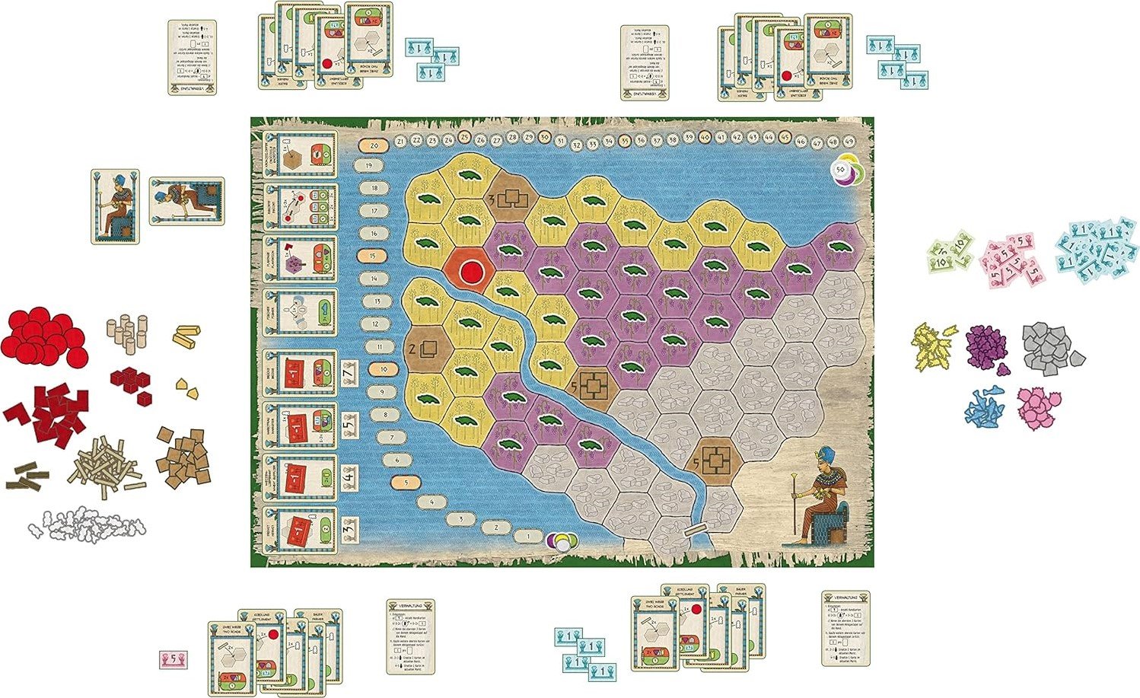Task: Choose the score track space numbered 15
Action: pos(373,257)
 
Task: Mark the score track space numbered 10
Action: pos(384,369)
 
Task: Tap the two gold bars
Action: pos(188,336)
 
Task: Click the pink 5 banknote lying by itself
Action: pos(172,659)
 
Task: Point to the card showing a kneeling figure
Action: pos(186,202)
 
